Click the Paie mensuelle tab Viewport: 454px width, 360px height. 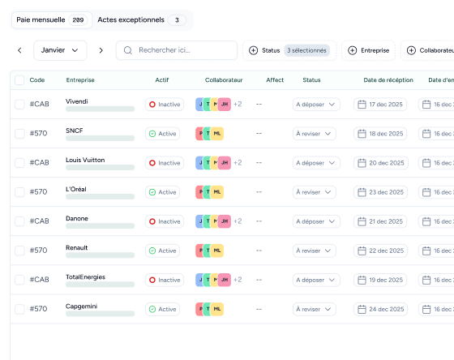[x=52, y=20]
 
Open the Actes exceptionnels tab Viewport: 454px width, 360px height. [x=142, y=20]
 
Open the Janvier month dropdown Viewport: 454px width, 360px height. [x=60, y=50]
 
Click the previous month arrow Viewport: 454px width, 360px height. [x=19, y=50]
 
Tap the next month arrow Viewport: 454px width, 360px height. [x=101, y=50]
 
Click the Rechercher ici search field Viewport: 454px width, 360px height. [x=177, y=50]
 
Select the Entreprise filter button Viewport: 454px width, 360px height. [x=368, y=50]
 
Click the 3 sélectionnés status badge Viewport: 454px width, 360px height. [x=306, y=50]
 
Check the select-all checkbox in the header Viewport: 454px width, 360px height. [x=19, y=80]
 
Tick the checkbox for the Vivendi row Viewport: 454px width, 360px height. [x=19, y=105]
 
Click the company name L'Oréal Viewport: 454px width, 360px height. [x=76, y=189]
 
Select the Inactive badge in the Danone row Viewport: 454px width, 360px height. [x=165, y=221]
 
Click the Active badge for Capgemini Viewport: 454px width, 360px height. [x=162, y=309]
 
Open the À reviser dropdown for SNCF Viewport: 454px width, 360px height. [x=315, y=134]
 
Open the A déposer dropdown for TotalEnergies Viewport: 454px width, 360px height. [x=316, y=280]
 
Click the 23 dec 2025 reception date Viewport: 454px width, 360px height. [x=380, y=192]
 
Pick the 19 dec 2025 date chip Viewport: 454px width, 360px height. [x=380, y=280]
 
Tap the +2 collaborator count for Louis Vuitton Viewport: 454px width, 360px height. [x=238, y=163]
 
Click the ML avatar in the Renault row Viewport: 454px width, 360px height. [x=217, y=251]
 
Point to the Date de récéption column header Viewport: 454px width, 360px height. [x=388, y=80]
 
